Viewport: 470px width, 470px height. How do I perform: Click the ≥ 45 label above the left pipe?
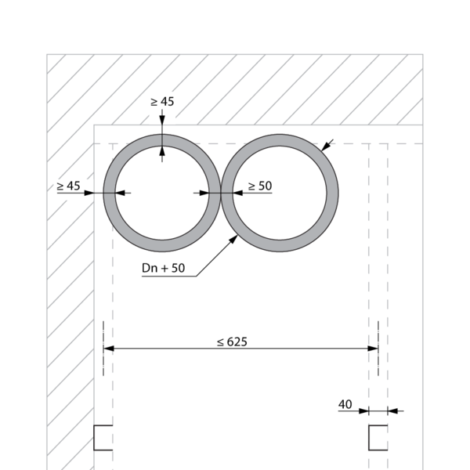tap(162, 102)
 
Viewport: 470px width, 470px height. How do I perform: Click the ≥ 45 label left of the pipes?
tap(69, 186)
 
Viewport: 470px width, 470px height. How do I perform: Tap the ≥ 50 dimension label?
tap(260, 186)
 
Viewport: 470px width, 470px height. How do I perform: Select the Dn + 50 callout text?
tap(164, 268)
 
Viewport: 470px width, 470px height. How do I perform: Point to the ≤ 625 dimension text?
tap(233, 342)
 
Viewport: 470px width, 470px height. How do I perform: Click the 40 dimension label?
tap(345, 405)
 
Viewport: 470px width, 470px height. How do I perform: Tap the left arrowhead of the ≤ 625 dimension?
tap(109, 349)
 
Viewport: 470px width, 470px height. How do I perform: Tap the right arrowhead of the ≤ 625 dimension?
tap(373, 349)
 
